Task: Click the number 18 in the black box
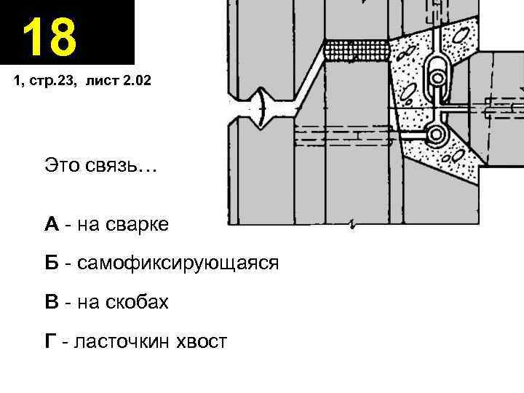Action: coord(49,38)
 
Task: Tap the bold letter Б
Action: coord(51,263)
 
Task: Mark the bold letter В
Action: coord(51,301)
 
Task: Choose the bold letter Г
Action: coord(50,340)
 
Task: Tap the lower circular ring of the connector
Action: coord(438,134)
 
